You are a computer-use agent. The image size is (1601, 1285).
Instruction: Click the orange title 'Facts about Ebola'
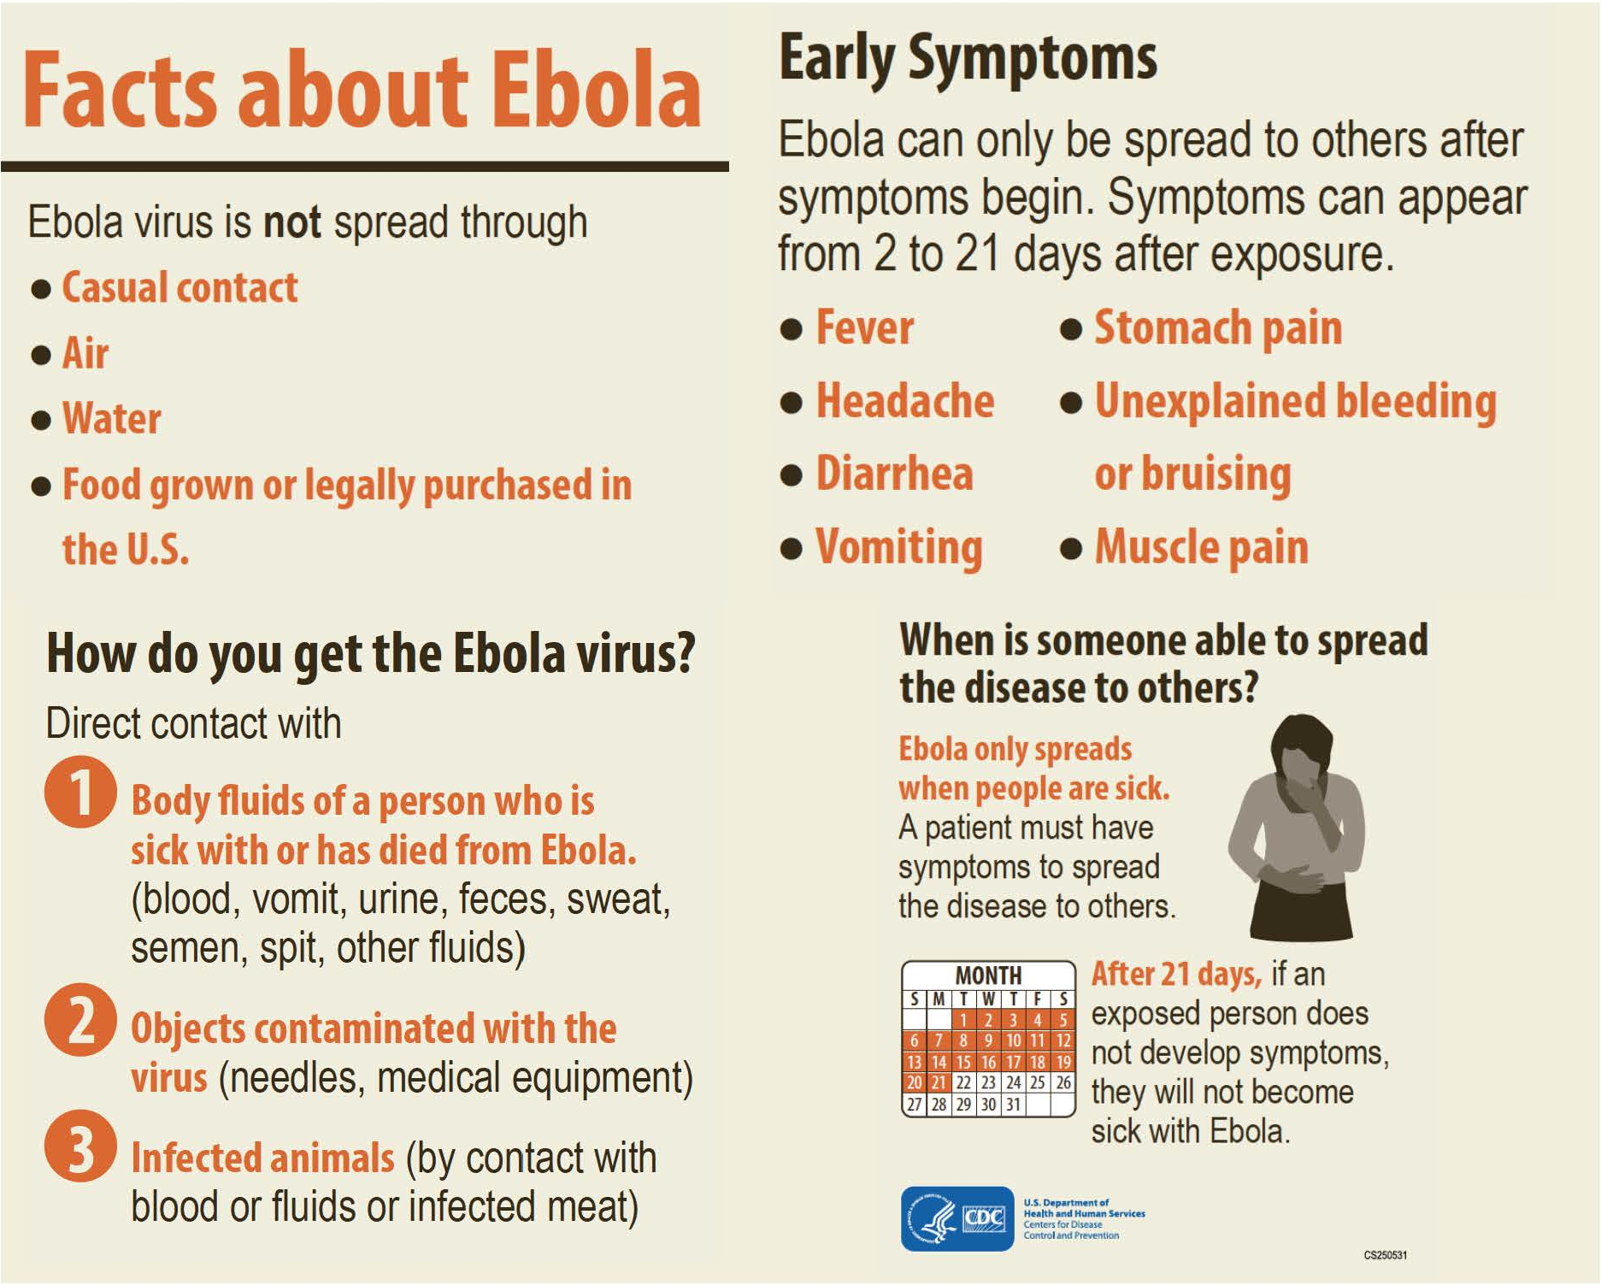pos(362,91)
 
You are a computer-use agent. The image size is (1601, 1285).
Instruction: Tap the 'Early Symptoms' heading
pos(968,58)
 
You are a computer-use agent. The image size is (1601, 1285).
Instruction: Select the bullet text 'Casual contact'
pos(180,287)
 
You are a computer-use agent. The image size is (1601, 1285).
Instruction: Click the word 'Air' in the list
pos(85,353)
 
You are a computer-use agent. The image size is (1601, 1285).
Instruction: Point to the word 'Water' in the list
pos(112,418)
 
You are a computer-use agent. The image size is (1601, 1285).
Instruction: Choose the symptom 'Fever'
pos(865,327)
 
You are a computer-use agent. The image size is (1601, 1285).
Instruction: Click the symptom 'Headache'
pos(905,401)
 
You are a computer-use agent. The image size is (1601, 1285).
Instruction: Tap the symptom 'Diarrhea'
pos(895,474)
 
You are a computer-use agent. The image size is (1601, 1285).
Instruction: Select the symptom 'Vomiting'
pos(899,548)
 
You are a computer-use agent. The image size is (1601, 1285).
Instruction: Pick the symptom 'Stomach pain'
pos(1219,328)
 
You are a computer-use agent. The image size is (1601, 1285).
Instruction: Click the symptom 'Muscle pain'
pos(1202,547)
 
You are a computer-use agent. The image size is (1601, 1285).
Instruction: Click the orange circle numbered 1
pos(80,792)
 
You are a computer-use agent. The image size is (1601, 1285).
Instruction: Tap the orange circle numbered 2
pos(80,1020)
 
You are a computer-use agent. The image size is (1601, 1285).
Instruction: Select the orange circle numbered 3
pos(80,1146)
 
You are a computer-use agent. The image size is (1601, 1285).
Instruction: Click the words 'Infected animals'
pos(262,1158)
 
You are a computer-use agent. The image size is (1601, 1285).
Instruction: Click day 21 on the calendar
pos(939,1082)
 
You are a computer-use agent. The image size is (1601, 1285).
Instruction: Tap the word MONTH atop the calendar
pos(988,976)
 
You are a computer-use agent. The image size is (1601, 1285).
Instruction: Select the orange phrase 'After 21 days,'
pos(1176,974)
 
